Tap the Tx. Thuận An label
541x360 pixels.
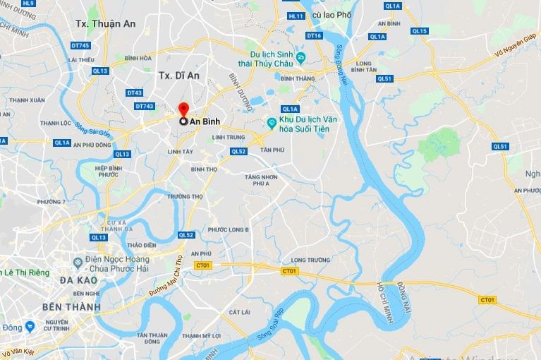point(105,23)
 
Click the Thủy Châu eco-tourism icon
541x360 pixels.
point(301,57)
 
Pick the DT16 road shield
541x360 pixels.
point(315,36)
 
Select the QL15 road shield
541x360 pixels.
point(420,31)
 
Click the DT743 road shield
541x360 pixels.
point(144,107)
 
